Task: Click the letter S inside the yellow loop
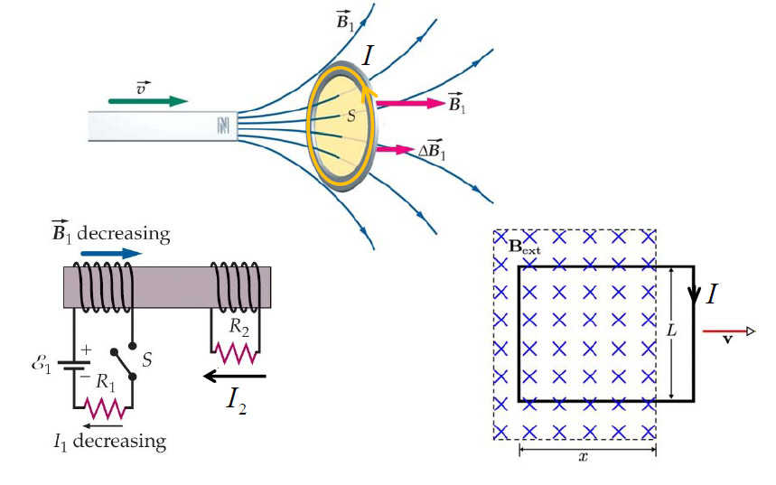coord(351,117)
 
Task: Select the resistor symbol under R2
coord(235,349)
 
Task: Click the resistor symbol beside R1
coord(103,408)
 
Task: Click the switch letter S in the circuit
coord(146,360)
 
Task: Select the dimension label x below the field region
coord(584,457)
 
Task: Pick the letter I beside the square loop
coord(713,294)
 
